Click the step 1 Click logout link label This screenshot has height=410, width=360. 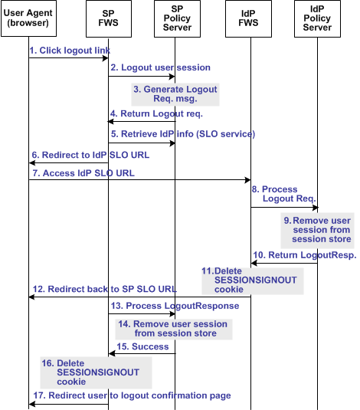70,51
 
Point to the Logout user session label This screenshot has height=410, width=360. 160,68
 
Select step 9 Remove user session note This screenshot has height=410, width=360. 316,229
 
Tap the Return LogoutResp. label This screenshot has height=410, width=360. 304,255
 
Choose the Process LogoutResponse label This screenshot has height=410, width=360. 175,306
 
